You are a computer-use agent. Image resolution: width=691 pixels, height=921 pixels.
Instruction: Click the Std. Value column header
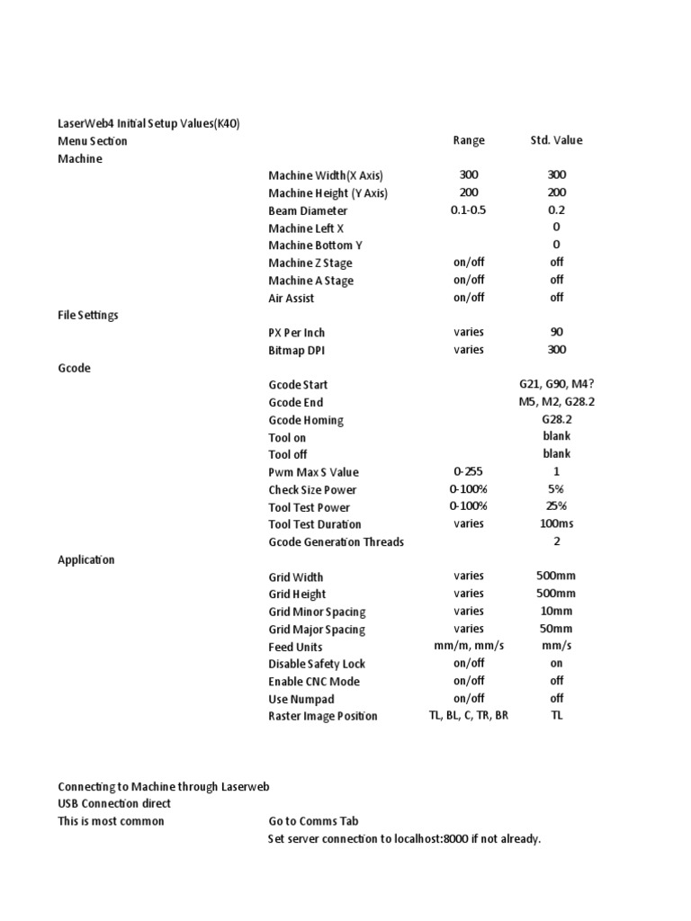(556, 140)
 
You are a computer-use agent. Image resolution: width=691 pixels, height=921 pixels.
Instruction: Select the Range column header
(469, 140)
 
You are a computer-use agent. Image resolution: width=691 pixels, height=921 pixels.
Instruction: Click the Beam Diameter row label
(307, 210)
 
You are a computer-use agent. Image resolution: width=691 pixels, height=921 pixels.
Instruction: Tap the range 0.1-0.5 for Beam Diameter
(469, 210)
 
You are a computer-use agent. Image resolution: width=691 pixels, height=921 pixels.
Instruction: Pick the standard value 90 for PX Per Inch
(556, 333)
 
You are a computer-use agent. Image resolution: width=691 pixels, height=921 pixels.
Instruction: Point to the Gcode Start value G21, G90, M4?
(556, 385)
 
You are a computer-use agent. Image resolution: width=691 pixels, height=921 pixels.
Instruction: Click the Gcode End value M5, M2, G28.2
(556, 402)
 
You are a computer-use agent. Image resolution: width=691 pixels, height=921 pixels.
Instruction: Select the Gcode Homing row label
(305, 420)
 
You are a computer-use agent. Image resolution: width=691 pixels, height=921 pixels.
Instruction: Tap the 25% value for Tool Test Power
(556, 507)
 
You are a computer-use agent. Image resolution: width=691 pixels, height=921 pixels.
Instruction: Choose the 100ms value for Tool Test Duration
(556, 524)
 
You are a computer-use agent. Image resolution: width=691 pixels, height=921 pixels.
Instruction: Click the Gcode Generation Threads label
(336, 542)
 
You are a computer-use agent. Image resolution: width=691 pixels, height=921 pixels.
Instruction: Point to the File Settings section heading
(87, 316)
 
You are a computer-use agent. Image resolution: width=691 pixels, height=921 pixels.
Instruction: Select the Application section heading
(85, 559)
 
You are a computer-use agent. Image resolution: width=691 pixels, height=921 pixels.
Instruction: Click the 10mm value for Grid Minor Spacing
(556, 612)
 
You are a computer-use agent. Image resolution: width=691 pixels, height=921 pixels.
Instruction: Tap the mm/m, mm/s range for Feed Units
(469, 647)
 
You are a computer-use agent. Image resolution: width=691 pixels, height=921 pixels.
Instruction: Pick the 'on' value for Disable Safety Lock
(556, 664)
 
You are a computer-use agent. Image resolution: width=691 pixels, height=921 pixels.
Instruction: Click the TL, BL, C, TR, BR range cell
(469, 716)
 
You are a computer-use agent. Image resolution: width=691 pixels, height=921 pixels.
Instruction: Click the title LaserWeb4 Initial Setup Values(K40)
(148, 123)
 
